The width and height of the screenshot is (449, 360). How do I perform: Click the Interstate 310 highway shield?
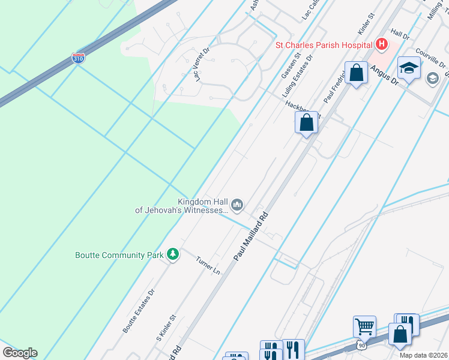tap(78, 58)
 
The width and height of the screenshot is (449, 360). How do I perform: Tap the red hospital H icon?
tap(381, 44)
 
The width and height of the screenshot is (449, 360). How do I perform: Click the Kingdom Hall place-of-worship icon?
tap(238, 206)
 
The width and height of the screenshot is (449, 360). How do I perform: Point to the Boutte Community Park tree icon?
tap(173, 255)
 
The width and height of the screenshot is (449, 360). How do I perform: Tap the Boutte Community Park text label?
tap(119, 255)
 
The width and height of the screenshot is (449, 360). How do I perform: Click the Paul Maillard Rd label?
tap(251, 235)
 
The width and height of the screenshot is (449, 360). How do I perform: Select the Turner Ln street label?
tap(208, 265)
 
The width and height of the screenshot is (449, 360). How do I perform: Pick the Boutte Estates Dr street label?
tap(139, 311)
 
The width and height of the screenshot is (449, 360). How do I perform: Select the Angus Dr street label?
tap(384, 75)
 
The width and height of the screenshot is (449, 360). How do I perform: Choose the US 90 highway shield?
tap(360, 345)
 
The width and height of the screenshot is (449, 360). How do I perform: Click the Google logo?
tap(20, 352)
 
